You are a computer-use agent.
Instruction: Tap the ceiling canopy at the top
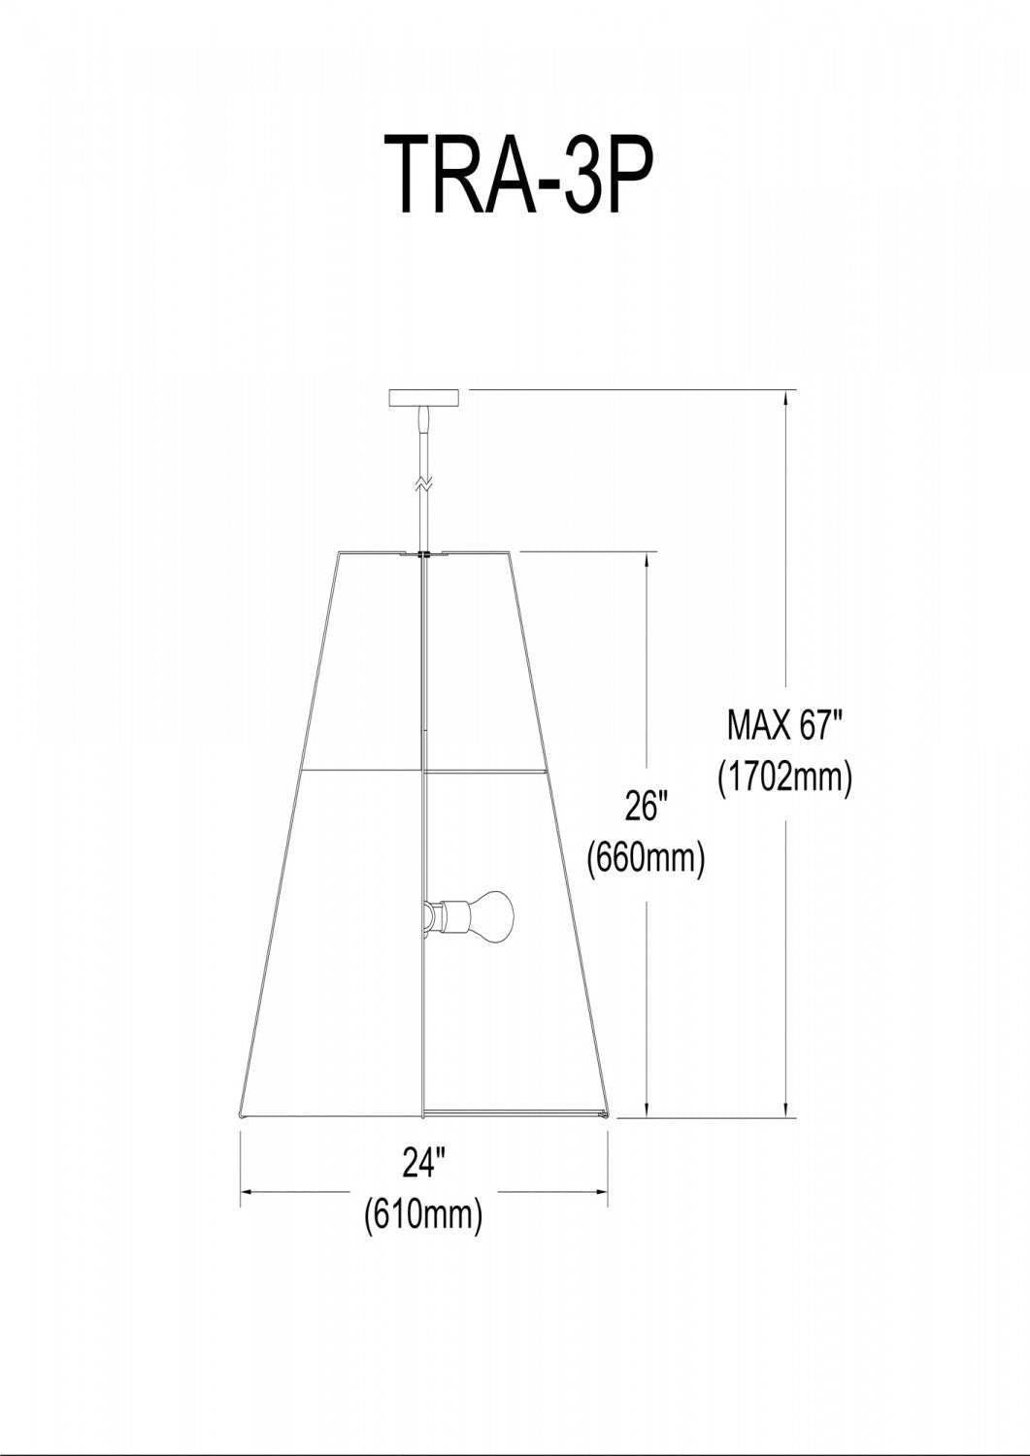pyautogui.click(x=422, y=397)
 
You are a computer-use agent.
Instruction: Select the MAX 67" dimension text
pyautogui.click(x=784, y=724)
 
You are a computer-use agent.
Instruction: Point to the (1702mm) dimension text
pyautogui.click(x=784, y=777)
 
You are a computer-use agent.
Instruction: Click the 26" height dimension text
pyautogui.click(x=647, y=806)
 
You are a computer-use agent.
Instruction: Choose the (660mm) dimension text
pyautogui.click(x=647, y=857)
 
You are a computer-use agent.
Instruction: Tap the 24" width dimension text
pyautogui.click(x=423, y=1162)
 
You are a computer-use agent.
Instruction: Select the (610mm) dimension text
pyautogui.click(x=423, y=1214)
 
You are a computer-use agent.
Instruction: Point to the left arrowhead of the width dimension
pyautogui.click(x=247, y=1190)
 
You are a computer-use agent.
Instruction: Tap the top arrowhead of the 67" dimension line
pyautogui.click(x=784, y=396)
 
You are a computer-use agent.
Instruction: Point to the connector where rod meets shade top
pyautogui.click(x=423, y=555)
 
